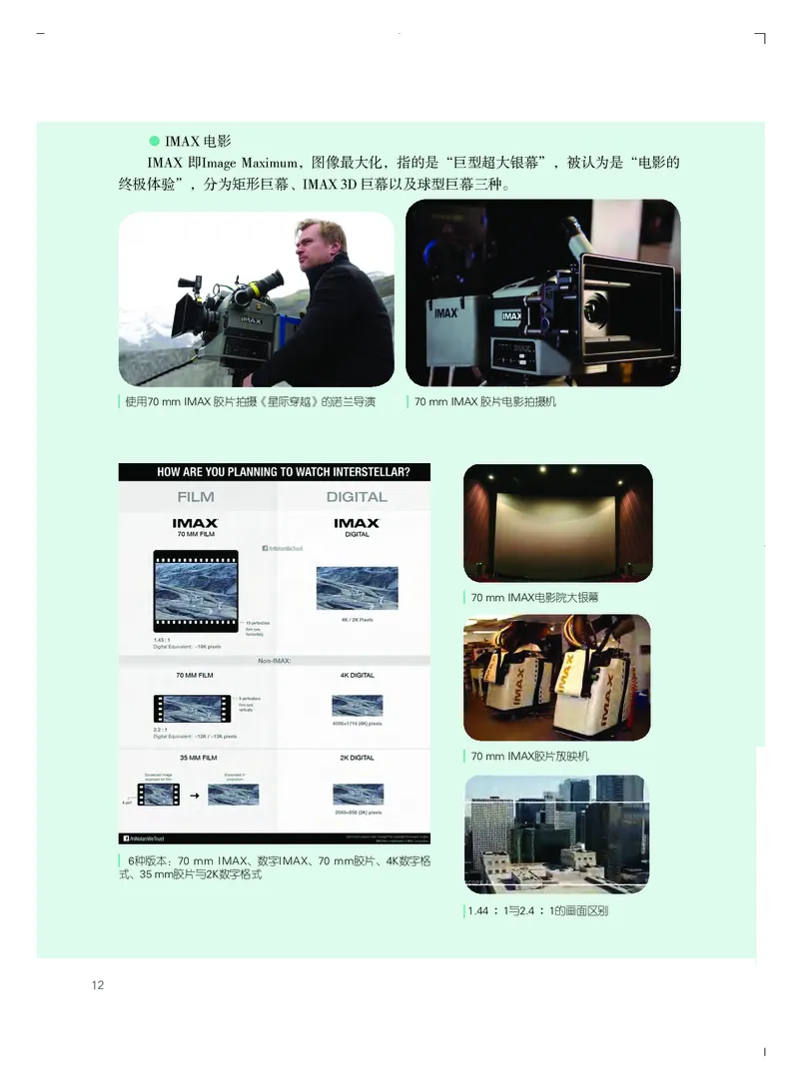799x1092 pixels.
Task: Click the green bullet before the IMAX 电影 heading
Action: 154,140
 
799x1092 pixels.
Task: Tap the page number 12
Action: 98,985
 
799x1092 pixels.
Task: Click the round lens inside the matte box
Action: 598,308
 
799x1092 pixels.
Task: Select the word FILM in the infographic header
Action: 196,496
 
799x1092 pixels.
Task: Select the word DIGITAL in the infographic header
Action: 356,496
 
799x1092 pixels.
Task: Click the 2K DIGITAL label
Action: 356,758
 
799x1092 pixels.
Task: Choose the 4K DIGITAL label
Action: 356,676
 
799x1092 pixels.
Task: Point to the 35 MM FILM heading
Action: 196,758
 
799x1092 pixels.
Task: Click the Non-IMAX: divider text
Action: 275,660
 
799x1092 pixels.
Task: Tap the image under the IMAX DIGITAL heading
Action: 357,588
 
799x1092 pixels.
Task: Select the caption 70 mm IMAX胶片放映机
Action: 530,757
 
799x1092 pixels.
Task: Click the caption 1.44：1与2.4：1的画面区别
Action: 538,910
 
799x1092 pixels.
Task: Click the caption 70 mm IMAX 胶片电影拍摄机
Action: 485,401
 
